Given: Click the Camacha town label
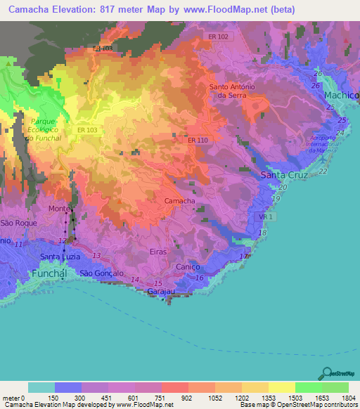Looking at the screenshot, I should click(179, 201).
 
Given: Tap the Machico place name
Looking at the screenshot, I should click(341, 95).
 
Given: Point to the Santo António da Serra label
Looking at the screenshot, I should click(236, 91).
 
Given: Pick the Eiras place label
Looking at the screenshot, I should click(159, 251).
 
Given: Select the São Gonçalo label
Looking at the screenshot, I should click(101, 273).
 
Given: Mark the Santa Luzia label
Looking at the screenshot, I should click(58, 257).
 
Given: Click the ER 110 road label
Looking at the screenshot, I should click(198, 141).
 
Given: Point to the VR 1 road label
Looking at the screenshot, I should click(266, 218).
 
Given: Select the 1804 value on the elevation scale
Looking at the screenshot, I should click(348, 398).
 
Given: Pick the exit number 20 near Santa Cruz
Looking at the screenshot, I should click(283, 188).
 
